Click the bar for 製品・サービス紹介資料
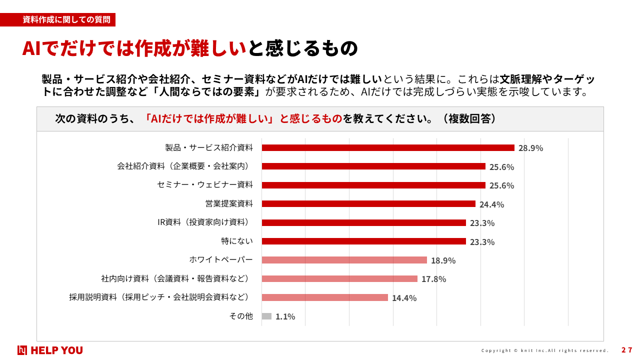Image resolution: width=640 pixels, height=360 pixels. pyautogui.click(x=388, y=147)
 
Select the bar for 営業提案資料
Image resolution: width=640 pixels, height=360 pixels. pyautogui.click(x=368, y=204)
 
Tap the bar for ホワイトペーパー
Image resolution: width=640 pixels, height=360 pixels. pyautogui.click(x=344, y=260)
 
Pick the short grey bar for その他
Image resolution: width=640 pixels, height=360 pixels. pyautogui.click(x=266, y=316)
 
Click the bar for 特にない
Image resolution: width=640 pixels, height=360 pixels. pyautogui.click(x=363, y=241)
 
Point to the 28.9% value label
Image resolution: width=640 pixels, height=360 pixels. pyautogui.click(x=530, y=148)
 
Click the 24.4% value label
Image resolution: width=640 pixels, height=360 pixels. pyautogui.click(x=491, y=204)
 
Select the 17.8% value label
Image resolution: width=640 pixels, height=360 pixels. pyautogui.click(x=433, y=279)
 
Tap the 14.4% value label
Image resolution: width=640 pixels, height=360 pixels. pyautogui.click(x=404, y=298)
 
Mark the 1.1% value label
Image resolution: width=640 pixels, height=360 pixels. pyautogui.click(x=285, y=316)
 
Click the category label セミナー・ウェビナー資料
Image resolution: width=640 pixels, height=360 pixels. pyautogui.click(x=205, y=184)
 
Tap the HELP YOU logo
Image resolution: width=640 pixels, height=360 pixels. pyautogui.click(x=50, y=350)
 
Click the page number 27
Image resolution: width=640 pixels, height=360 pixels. pyautogui.click(x=626, y=350)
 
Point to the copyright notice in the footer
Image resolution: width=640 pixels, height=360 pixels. pyautogui.click(x=545, y=350)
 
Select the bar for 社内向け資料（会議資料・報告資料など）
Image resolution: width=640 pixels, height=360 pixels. pyautogui.click(x=339, y=279)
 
